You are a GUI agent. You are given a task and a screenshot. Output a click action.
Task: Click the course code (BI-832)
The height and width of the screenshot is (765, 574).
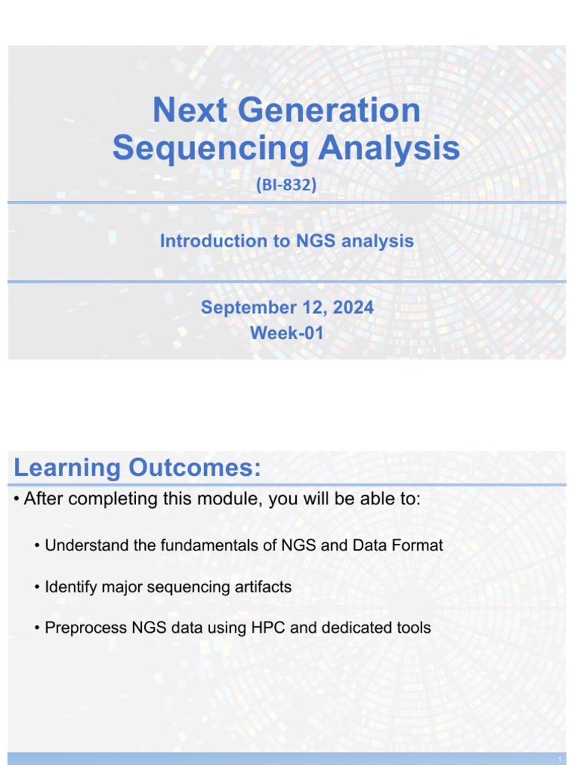point(286,185)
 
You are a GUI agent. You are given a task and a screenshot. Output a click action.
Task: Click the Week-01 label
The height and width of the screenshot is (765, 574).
point(286,333)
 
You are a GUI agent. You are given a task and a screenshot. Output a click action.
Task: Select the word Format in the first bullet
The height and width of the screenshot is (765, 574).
point(417,545)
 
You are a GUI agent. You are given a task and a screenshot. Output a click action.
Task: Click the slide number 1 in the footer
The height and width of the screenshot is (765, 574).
point(559,759)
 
